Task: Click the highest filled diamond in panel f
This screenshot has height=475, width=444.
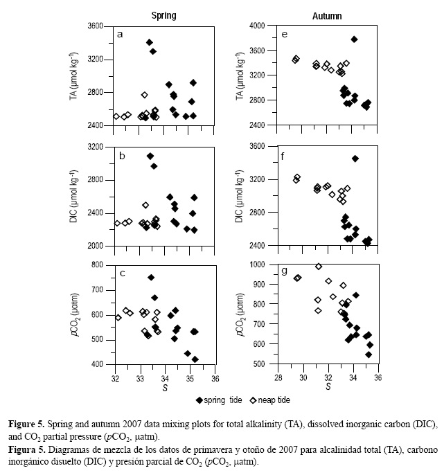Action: coord(355,159)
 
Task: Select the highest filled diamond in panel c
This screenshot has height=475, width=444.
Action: coord(151,277)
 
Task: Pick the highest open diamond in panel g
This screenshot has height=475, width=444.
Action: coord(319,266)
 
